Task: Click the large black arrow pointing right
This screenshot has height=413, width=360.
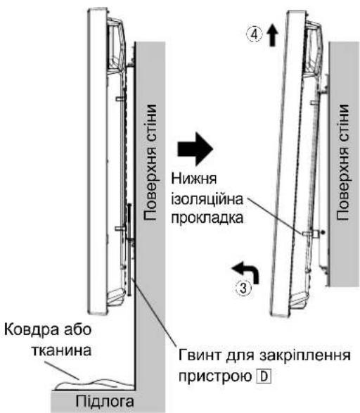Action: coord(195,149)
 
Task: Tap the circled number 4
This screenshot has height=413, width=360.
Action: coord(255,34)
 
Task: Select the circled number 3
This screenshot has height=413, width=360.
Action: coord(244,288)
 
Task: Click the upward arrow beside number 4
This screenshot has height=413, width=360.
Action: coord(273,35)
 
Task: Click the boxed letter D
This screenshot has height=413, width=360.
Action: coord(264,376)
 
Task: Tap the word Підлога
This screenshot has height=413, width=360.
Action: coord(105,402)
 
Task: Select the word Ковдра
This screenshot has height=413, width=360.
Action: coord(30,330)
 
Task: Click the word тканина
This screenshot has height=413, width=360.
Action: coord(62,350)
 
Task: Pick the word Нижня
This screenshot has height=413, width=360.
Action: coord(194,179)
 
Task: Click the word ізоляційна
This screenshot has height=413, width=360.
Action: coord(207,199)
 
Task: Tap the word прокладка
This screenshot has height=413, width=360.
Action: coord(207,218)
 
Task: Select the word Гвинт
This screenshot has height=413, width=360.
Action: coord(200,355)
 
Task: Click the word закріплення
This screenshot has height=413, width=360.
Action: coord(304,356)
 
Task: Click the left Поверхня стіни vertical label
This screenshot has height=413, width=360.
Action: coord(150,163)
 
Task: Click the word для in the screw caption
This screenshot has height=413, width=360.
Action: coord(240,356)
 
